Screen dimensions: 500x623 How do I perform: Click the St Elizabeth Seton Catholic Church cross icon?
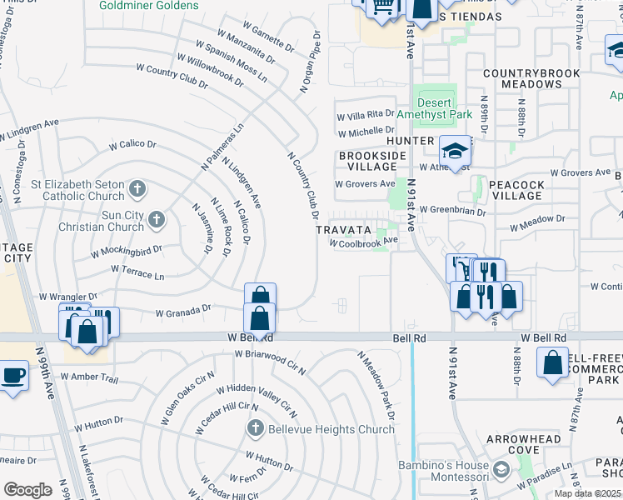(138, 189)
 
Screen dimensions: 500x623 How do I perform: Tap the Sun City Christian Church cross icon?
(155, 220)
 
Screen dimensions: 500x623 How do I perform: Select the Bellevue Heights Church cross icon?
(256, 429)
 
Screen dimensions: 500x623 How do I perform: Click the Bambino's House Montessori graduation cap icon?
(501, 471)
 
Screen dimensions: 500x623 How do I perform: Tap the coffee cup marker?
(13, 375)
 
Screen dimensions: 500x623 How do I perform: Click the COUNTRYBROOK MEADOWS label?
(531, 78)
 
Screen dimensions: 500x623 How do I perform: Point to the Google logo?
(27, 490)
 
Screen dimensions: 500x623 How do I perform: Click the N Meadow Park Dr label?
(377, 378)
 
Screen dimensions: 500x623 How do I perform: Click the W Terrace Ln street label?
(137, 272)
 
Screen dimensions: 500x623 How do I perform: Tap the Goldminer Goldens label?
(149, 5)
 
